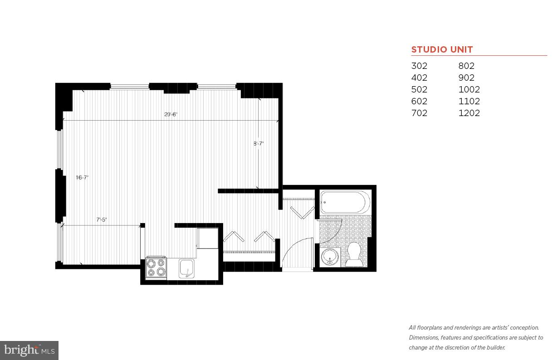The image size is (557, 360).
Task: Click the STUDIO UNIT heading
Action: click(442, 50)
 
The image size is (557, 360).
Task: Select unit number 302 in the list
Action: click(419, 66)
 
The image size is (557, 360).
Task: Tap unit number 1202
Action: click(469, 113)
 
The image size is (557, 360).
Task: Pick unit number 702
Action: click(419, 113)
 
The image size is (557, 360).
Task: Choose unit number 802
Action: click(466, 66)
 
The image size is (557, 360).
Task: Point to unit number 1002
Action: click(469, 89)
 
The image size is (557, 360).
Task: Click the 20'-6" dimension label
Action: click(171, 115)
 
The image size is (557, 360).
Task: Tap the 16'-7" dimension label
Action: click(82, 178)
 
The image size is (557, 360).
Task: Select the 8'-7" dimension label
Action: click(259, 144)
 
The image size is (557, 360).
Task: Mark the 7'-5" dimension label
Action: click(102, 220)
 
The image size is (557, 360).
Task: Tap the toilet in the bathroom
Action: click(354, 255)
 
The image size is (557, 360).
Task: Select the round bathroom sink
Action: click(330, 257)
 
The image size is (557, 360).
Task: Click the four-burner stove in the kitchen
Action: click(156, 268)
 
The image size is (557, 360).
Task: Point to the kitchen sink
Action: click(186, 268)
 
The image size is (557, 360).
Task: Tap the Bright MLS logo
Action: click(29, 350)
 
